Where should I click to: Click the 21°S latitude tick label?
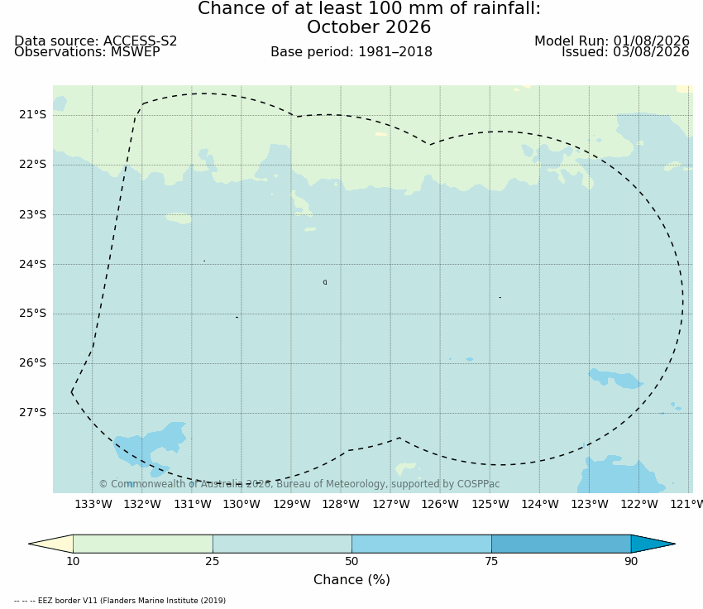point(32,115)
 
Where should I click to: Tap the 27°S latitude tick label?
point(32,413)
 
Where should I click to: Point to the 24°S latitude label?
point(32,264)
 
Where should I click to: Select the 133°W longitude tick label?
point(93,505)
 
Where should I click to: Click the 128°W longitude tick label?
point(341,505)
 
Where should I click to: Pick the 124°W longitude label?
point(540,505)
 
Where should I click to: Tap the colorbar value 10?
point(73,561)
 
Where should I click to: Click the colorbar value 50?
point(351,561)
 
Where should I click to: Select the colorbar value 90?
point(631,561)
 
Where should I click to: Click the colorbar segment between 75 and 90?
point(562,544)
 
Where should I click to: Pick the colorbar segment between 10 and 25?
point(143,544)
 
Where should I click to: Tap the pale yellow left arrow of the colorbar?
point(51,544)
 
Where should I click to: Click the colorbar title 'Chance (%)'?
point(351,580)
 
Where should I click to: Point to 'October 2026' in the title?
point(369,27)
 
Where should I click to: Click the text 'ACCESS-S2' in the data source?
point(141,41)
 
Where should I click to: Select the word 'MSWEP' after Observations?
point(136,52)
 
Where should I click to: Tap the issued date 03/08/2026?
point(651,52)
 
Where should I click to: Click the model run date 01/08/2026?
point(651,41)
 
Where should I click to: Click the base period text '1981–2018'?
point(395,52)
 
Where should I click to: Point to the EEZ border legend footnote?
point(120,601)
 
